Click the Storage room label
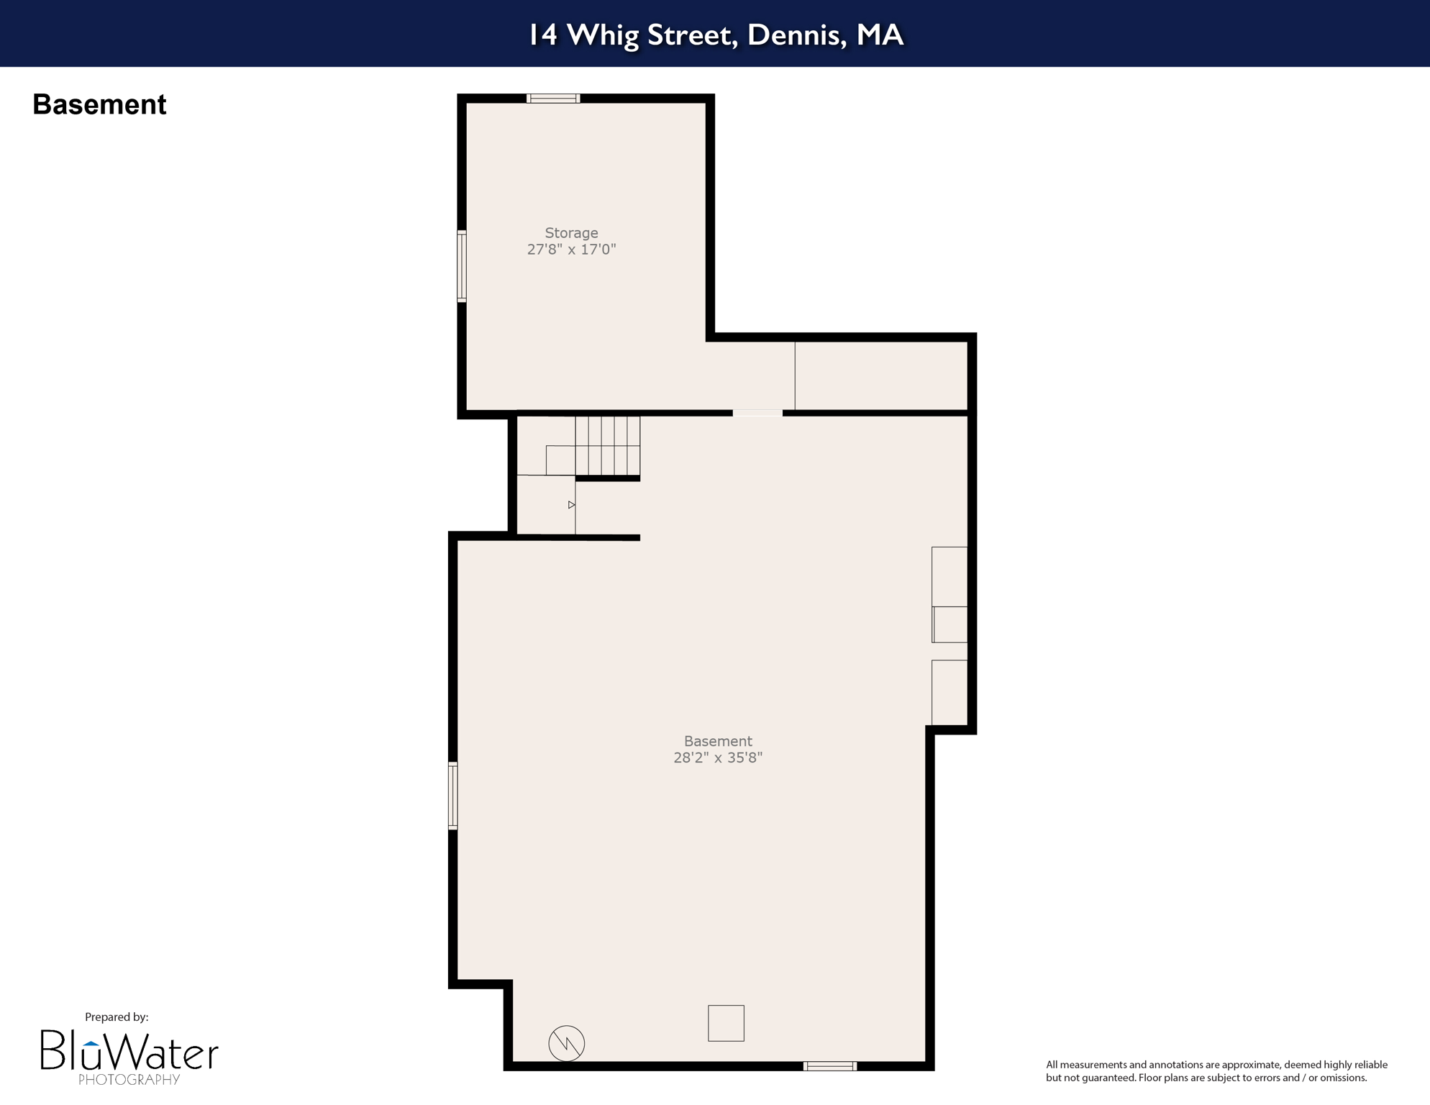tap(571, 233)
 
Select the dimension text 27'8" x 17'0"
tap(571, 250)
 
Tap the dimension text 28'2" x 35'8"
tap(717, 758)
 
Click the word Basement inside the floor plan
tap(717, 741)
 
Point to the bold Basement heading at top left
tap(99, 105)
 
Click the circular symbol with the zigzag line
tap(566, 1043)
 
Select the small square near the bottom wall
tap(726, 1023)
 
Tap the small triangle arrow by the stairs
tap(571, 505)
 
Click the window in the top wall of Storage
tap(553, 99)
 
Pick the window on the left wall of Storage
tap(462, 265)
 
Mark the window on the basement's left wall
tap(452, 796)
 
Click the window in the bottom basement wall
tap(829, 1066)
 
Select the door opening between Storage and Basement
tap(757, 413)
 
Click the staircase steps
tap(607, 445)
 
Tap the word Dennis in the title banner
tap(796, 35)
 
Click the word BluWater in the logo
tap(129, 1052)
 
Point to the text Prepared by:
tap(117, 1017)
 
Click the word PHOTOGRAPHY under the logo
tap(129, 1080)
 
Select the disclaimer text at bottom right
tap(1216, 1071)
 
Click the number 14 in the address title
tap(543, 35)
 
